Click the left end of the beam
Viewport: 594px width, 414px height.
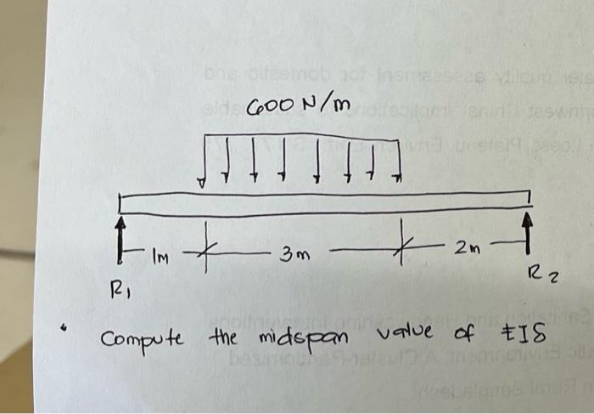[121, 204]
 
